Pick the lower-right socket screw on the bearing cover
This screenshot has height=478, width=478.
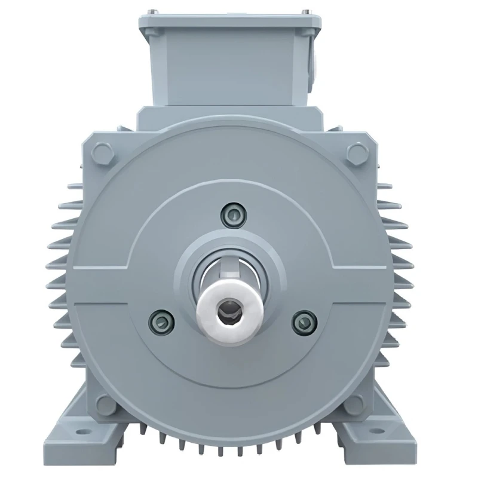[x=303, y=321]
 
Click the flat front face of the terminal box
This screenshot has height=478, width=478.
[x=232, y=66]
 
